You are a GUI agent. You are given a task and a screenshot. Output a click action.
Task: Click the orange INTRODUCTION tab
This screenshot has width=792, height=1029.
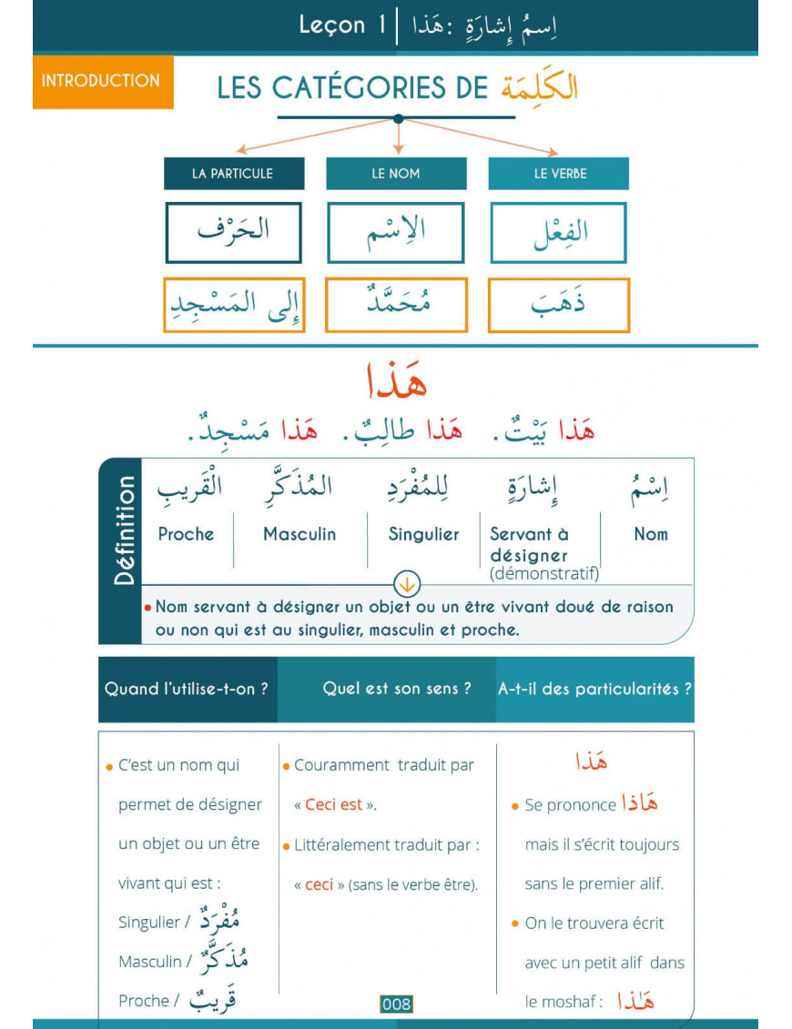tap(102, 81)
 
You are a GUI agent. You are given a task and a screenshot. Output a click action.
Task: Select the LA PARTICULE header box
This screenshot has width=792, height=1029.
tap(232, 174)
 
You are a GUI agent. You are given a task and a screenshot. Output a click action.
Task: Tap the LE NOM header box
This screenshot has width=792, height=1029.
tap(396, 174)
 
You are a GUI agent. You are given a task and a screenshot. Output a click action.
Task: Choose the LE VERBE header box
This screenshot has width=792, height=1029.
tap(559, 174)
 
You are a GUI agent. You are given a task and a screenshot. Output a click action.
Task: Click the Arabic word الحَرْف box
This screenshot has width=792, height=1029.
tap(233, 232)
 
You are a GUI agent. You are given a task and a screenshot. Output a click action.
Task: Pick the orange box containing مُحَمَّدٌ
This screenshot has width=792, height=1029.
tap(396, 305)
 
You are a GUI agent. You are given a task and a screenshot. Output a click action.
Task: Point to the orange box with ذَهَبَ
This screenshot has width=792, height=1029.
tap(558, 305)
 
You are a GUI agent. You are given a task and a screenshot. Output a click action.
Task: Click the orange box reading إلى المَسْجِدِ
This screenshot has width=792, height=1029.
tap(234, 305)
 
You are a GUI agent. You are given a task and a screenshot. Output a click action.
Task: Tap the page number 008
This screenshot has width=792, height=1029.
tap(396, 1004)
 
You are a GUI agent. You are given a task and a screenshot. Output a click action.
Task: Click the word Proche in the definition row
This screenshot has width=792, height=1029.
tap(186, 534)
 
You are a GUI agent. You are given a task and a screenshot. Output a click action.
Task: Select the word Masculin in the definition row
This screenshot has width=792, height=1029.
tap(300, 534)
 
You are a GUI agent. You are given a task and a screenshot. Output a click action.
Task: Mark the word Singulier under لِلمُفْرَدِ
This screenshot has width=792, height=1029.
tap(423, 534)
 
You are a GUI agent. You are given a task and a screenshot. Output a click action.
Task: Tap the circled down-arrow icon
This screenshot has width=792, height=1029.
tap(406, 584)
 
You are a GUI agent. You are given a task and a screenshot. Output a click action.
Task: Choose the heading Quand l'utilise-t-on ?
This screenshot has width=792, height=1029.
tap(187, 689)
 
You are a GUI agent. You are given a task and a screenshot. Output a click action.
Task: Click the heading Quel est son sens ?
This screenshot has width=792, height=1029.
tap(397, 689)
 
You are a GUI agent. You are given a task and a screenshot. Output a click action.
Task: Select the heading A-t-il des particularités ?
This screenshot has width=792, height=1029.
tap(594, 689)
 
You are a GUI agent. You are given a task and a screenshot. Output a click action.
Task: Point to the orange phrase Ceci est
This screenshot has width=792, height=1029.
tap(333, 804)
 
